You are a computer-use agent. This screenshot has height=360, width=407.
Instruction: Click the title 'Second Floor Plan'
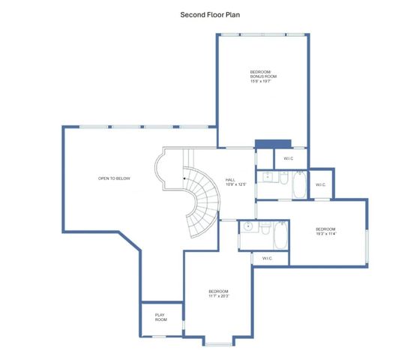[210, 14]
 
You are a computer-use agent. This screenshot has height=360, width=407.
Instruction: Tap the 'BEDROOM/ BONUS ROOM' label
[263, 74]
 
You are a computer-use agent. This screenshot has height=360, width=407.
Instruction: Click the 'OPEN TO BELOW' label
[114, 178]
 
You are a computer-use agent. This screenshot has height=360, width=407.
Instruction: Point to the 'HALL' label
[231, 180]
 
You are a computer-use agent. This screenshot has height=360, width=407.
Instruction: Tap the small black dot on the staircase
[183, 178]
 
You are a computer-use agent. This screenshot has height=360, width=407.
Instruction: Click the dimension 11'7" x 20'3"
[219, 295]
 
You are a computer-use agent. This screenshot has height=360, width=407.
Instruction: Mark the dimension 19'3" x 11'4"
[326, 233]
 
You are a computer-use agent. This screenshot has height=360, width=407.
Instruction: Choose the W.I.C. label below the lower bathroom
[267, 258]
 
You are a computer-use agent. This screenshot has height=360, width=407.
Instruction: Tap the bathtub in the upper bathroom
[298, 185]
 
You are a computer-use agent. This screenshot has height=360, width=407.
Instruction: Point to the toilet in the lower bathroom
[265, 229]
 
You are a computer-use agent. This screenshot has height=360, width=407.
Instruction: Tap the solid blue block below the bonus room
[272, 144]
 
